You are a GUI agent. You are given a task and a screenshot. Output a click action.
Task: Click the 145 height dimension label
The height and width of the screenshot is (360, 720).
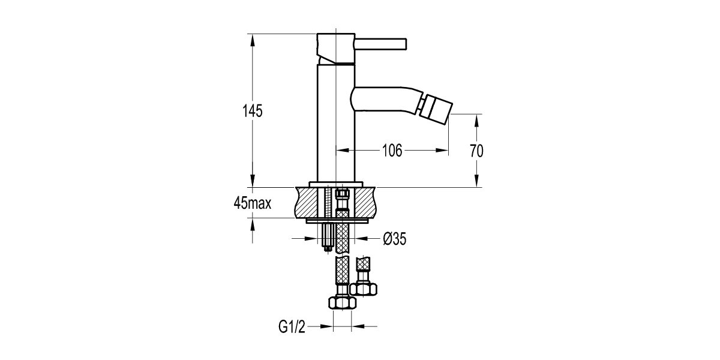coord(253,112)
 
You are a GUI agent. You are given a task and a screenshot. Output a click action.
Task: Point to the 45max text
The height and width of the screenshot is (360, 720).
coord(253,203)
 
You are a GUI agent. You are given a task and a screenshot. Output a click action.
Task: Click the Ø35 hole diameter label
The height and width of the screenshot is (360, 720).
coord(395,239)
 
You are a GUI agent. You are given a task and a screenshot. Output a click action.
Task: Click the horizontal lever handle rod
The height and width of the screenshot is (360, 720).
coord(382,44)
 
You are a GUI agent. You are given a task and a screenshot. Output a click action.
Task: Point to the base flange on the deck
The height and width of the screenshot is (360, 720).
coord(336,184)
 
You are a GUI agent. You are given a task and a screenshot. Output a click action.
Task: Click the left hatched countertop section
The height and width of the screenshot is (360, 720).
coord(308,202)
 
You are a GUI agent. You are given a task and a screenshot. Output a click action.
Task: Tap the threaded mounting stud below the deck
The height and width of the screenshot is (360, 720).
coord(327,236)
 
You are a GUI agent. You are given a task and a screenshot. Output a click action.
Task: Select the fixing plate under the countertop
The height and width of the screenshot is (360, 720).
coord(336,220)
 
